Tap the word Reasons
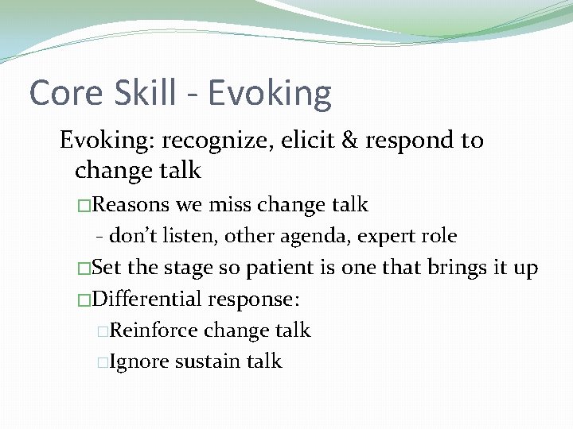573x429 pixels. (131, 205)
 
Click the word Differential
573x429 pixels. (147, 300)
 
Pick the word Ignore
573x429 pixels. (139, 362)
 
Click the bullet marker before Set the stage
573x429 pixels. (84, 269)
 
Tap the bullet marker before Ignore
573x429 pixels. (102, 362)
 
